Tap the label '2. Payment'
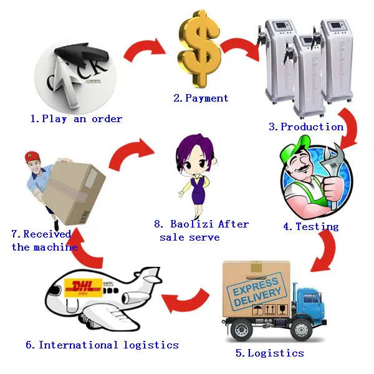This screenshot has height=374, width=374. tap(201, 98)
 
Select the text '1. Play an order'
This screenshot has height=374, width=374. tap(76, 118)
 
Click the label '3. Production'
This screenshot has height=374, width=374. tap(306, 127)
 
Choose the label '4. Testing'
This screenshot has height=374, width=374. tap(311, 226)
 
